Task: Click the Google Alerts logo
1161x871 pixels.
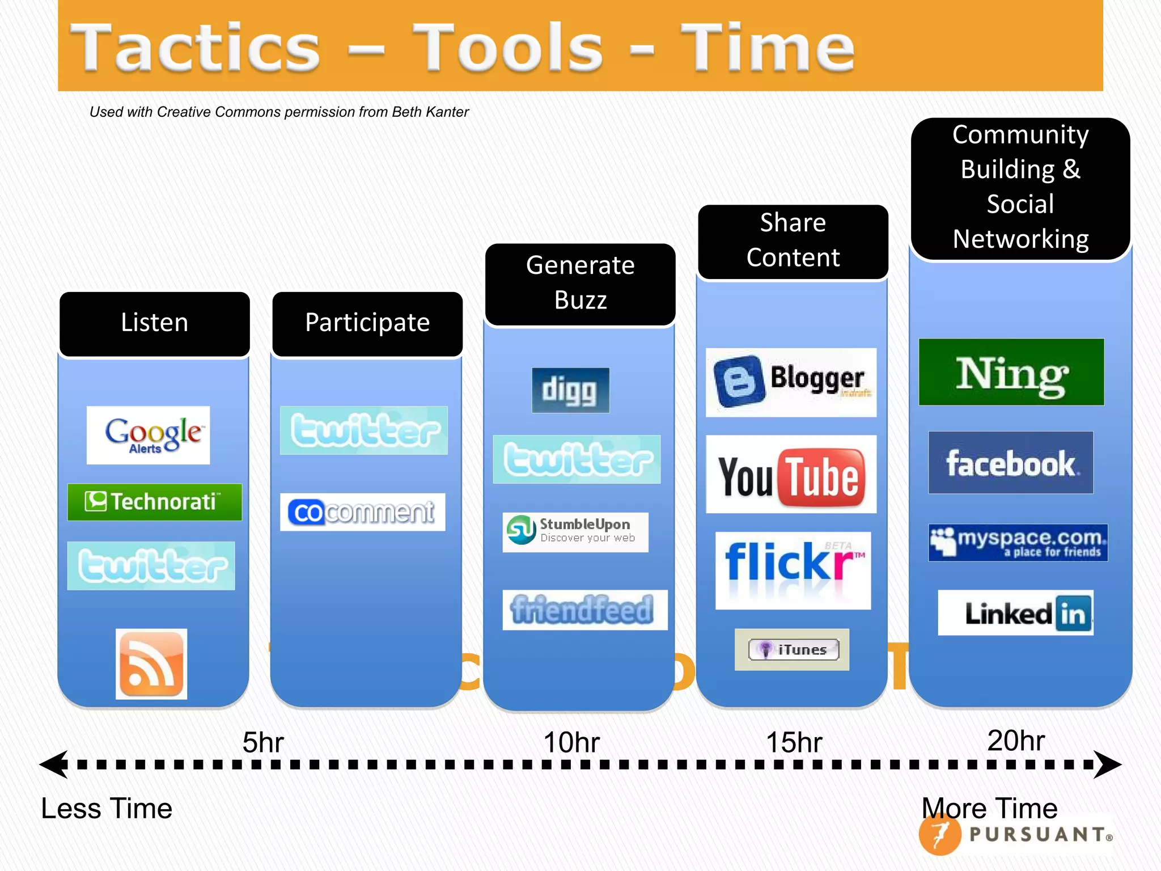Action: tap(148, 435)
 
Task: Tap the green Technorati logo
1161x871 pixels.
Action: tap(154, 502)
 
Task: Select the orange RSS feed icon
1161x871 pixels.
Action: tap(151, 663)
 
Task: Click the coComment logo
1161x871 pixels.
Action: tap(362, 512)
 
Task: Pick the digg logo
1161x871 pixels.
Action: tap(570, 390)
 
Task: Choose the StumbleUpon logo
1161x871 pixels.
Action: tap(575, 532)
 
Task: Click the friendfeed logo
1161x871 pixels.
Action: tap(584, 610)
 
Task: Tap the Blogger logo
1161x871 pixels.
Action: tap(791, 382)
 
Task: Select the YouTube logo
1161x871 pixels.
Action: tap(791, 474)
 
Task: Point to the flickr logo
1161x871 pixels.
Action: tap(793, 570)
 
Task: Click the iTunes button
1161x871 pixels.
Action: tap(792, 649)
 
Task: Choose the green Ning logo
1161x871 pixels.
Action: tap(1011, 372)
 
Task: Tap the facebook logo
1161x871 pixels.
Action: tap(1010, 463)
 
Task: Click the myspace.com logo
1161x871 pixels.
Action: tap(1018, 543)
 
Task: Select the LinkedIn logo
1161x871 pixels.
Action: tap(1015, 613)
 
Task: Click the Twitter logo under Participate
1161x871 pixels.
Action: tap(363, 430)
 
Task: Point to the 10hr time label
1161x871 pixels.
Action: tap(571, 742)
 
